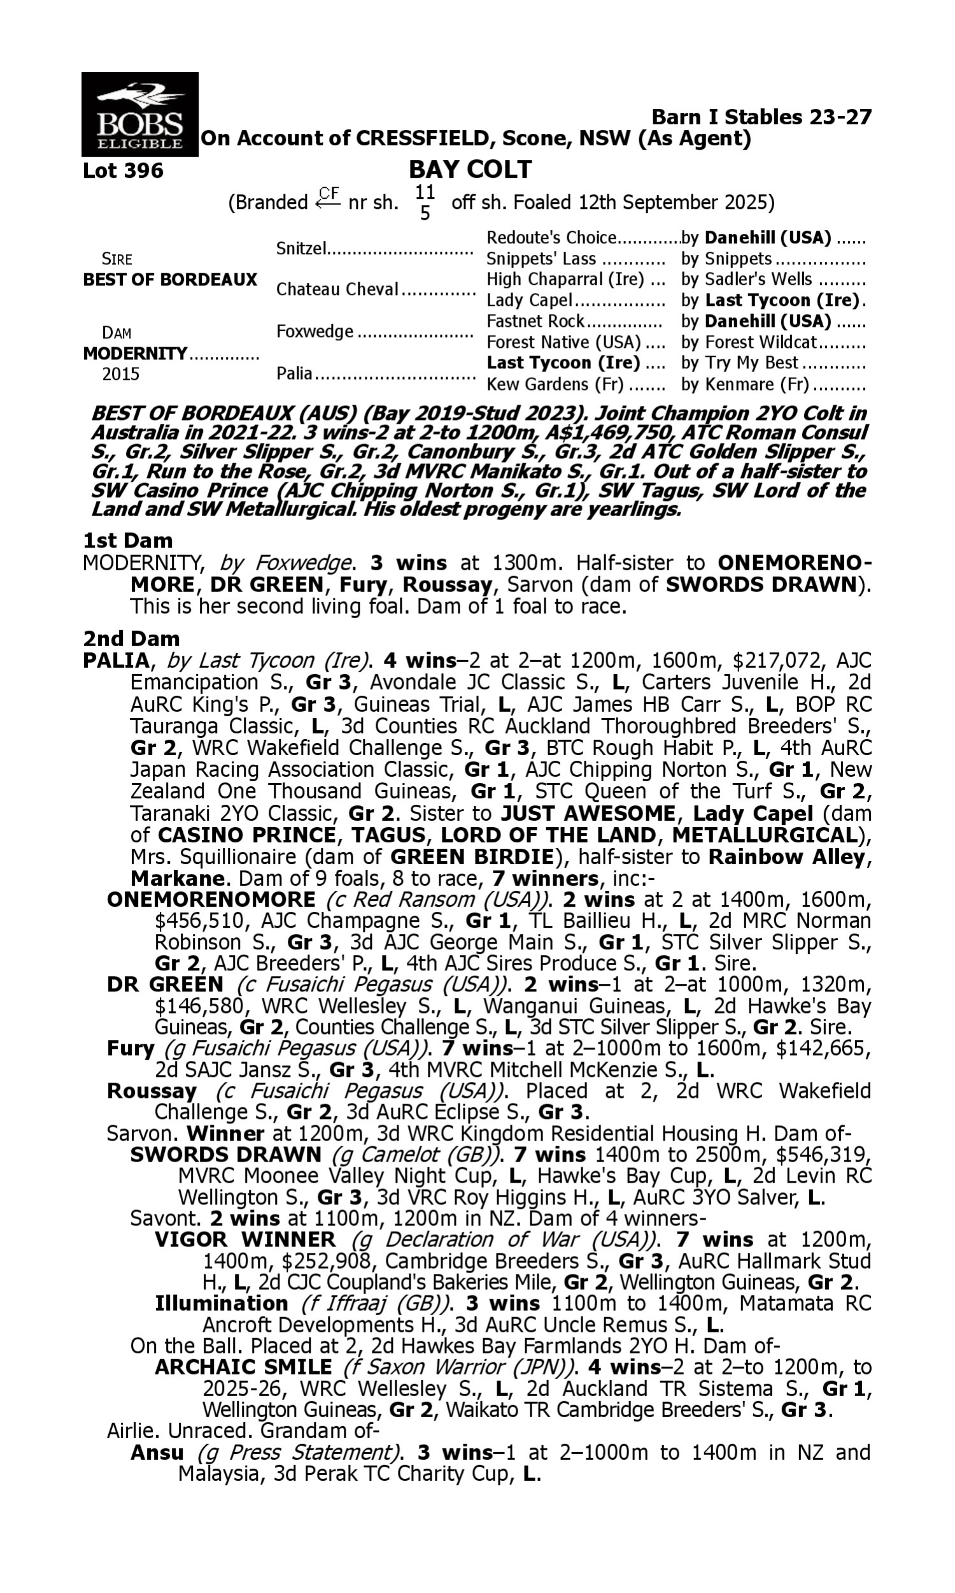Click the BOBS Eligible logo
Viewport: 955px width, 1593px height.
(139, 115)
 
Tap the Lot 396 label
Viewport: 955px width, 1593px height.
(124, 171)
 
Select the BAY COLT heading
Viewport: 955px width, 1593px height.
(470, 169)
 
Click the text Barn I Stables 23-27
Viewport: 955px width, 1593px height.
(762, 117)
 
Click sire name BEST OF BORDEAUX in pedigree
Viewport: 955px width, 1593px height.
(170, 280)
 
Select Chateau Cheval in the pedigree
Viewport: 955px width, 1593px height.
(337, 289)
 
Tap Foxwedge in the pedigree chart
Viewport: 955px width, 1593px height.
(315, 331)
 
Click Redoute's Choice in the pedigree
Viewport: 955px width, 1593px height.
(551, 238)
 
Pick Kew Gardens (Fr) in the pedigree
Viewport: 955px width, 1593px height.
(555, 384)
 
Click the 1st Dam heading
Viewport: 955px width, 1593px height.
(128, 540)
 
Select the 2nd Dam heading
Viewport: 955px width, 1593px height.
(131, 638)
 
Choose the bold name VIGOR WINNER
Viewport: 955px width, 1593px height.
(244, 1239)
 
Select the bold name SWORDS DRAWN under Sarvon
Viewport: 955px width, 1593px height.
(225, 1154)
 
